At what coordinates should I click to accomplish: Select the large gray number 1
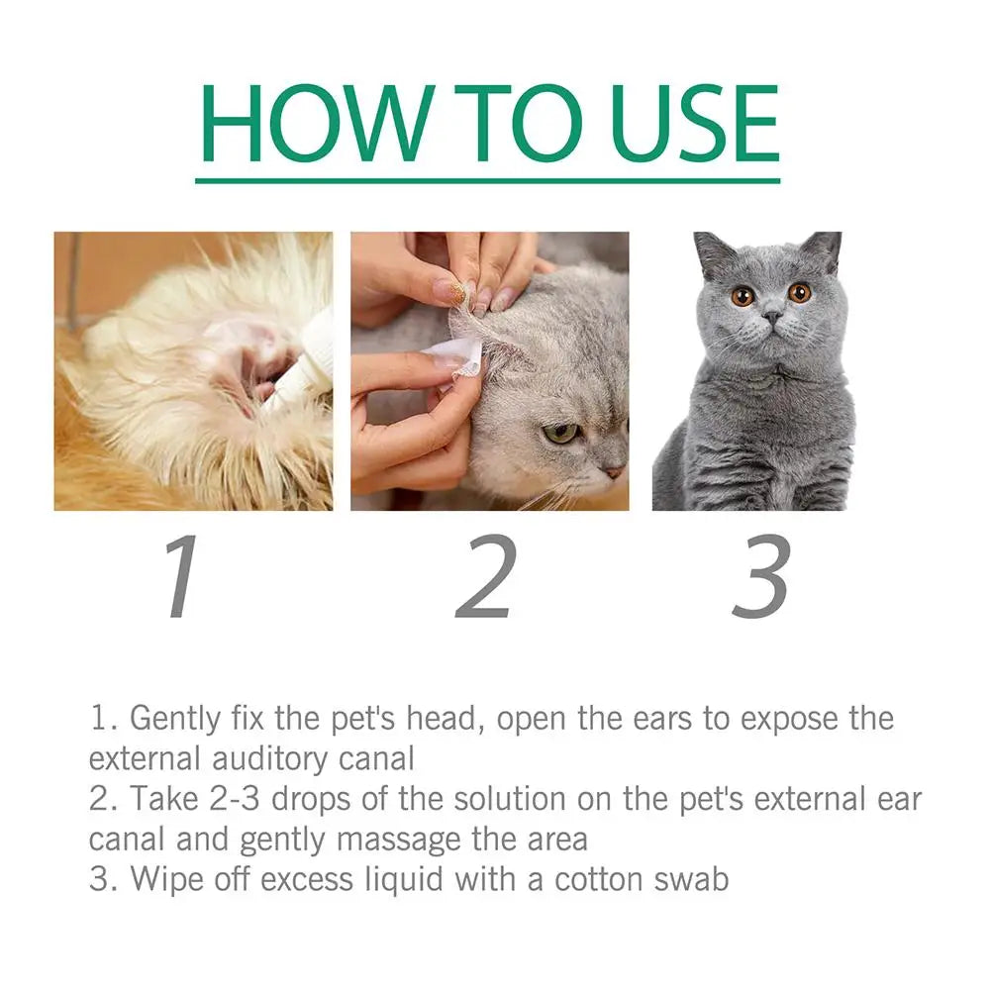pos(182,578)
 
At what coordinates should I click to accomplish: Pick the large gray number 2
pos(486,578)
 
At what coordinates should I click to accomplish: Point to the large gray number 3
pos(760,578)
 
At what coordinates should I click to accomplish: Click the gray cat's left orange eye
pos(743,295)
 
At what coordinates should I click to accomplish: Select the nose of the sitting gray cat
pos(771,317)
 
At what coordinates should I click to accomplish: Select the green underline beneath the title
pos(487,180)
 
